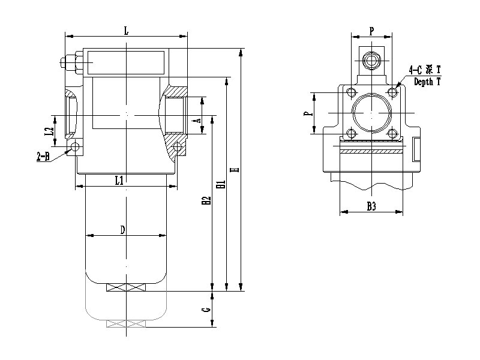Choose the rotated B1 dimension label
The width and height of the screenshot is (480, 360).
(x=221, y=186)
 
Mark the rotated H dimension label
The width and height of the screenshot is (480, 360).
(x=235, y=170)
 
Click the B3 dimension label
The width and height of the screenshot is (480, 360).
(x=371, y=206)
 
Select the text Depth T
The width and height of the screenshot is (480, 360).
(x=427, y=82)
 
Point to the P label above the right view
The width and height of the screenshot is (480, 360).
(x=371, y=29)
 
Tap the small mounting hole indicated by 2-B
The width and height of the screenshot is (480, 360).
(x=75, y=147)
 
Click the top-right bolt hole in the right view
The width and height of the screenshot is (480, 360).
(x=392, y=92)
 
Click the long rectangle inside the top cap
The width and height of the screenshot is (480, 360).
(x=126, y=61)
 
